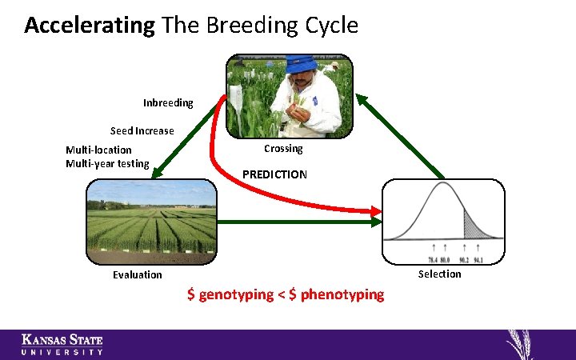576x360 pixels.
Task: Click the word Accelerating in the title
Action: [89, 26]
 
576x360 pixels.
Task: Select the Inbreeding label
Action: [168, 103]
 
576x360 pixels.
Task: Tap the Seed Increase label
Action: [142, 131]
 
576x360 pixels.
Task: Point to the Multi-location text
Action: [98, 150]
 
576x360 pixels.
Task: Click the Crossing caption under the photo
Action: [283, 149]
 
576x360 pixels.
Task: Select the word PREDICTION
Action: [274, 174]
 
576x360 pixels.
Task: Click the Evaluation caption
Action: [137, 274]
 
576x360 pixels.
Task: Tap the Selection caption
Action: [439, 274]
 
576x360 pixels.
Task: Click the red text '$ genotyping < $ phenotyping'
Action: [286, 294]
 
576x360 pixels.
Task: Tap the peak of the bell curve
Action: [443, 186]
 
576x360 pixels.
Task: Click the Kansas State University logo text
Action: [62, 345]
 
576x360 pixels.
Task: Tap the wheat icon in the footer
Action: [525, 344]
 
